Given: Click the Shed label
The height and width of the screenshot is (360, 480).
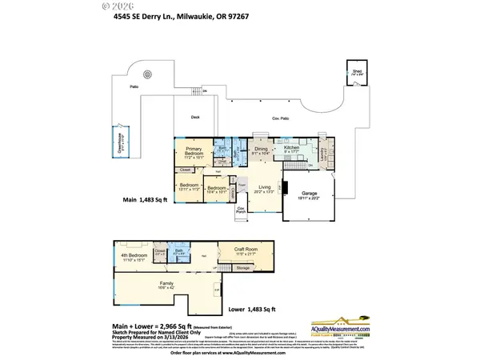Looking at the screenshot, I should [356, 72].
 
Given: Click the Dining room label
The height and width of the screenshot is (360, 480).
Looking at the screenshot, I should [260, 150].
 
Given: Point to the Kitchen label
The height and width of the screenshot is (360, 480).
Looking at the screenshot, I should [290, 150].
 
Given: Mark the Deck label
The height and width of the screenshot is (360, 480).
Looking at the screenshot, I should [194, 118].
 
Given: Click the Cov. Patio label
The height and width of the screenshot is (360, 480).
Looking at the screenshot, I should [280, 118].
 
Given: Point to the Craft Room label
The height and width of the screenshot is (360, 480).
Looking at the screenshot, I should [246, 251].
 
